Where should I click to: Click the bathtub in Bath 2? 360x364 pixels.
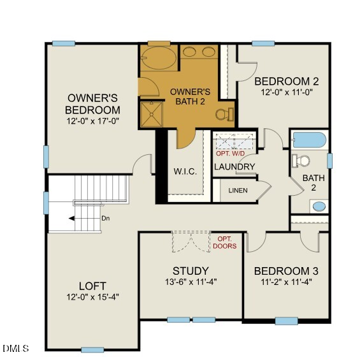click(x=309, y=140)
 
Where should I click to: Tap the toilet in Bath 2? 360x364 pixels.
click(x=300, y=160)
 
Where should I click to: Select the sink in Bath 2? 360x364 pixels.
click(x=319, y=206)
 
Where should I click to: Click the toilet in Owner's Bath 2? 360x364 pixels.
click(x=223, y=115)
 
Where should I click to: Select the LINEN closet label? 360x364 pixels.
click(x=238, y=191)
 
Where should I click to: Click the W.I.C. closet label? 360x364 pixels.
click(x=185, y=172)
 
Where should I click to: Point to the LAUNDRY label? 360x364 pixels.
click(x=234, y=167)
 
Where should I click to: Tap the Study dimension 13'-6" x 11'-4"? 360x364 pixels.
click(x=191, y=282)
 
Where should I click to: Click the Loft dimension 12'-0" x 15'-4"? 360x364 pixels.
click(x=92, y=297)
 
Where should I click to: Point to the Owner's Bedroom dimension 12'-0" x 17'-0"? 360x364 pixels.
click(x=93, y=120)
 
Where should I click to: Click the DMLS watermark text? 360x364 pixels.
click(x=15, y=348)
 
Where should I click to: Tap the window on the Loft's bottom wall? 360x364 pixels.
click(x=92, y=349)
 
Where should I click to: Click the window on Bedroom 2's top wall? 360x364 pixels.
click(x=263, y=43)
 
